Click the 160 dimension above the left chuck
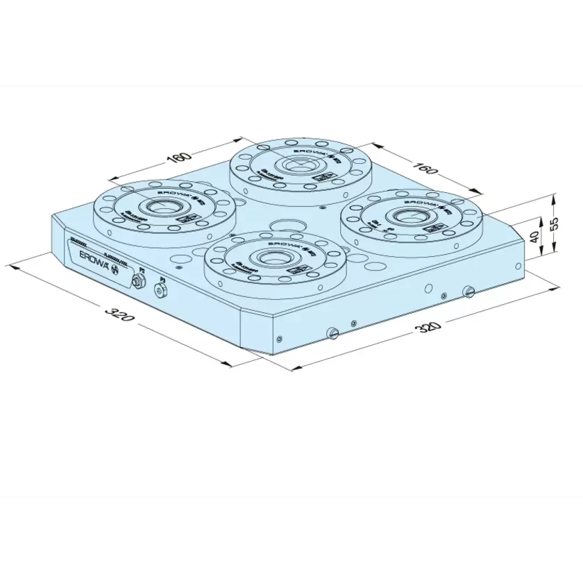click(x=179, y=158)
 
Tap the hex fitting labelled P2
click(x=138, y=280)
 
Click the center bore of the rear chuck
click(x=299, y=165)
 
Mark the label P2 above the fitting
click(x=142, y=269)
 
